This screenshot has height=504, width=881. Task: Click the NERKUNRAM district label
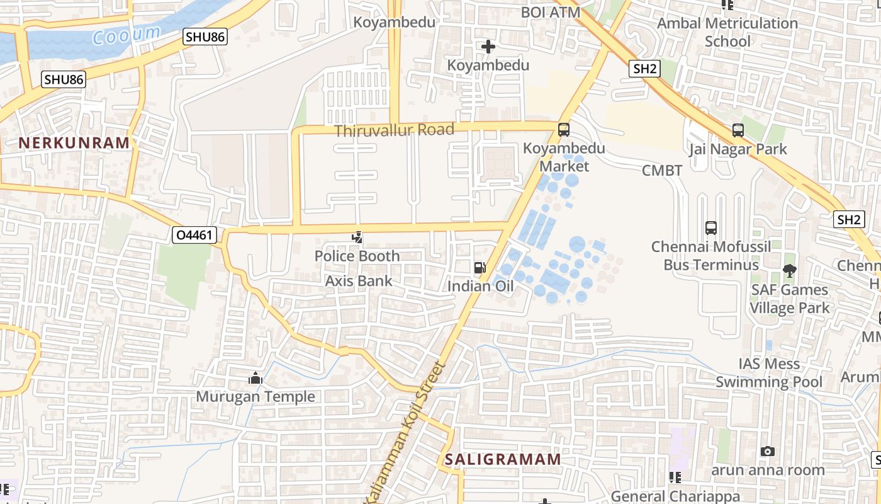[74, 143]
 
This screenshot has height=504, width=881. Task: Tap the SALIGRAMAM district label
[503, 459]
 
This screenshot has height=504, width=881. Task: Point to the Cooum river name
[126, 35]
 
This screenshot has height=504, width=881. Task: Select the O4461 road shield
[194, 236]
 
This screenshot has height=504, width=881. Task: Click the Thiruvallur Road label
[394, 130]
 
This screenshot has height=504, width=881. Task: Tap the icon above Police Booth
[357, 238]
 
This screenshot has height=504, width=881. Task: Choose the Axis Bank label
[359, 281]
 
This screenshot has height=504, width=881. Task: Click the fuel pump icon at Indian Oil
[480, 268]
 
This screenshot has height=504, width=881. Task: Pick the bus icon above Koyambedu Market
[564, 130]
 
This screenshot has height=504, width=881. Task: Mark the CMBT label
[662, 171]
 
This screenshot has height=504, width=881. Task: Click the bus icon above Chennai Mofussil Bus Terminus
[711, 228]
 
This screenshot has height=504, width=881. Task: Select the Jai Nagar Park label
[738, 149]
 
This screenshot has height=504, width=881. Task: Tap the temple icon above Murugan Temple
[255, 378]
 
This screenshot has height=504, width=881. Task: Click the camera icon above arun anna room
[767, 451]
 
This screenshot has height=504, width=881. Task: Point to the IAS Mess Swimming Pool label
[769, 373]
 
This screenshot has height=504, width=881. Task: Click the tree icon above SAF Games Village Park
[789, 271]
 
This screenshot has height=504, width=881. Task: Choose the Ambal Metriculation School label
[727, 32]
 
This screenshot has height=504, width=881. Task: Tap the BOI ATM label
[551, 12]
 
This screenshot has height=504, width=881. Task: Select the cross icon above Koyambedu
[488, 47]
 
